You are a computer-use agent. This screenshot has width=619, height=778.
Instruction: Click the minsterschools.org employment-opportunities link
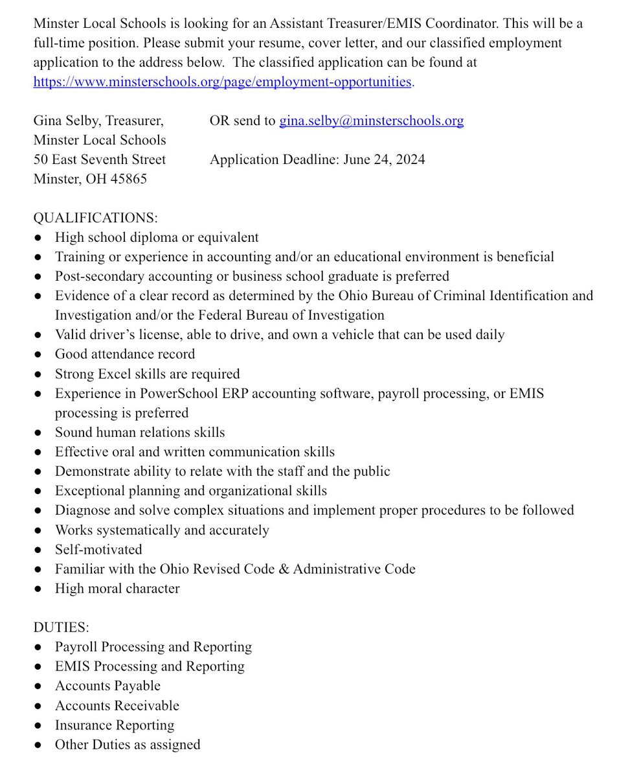(x=222, y=82)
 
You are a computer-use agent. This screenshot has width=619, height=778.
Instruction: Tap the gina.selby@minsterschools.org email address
(x=371, y=121)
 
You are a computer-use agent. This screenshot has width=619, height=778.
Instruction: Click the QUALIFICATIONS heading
(x=95, y=218)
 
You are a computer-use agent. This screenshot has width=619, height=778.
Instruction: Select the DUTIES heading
(x=61, y=628)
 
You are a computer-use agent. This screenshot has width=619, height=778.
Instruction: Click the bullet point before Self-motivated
(x=39, y=550)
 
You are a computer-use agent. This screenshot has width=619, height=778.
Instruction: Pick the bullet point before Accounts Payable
(x=39, y=687)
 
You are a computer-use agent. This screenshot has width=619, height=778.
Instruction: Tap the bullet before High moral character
(x=39, y=589)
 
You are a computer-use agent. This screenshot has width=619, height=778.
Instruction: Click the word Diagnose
(x=82, y=510)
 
